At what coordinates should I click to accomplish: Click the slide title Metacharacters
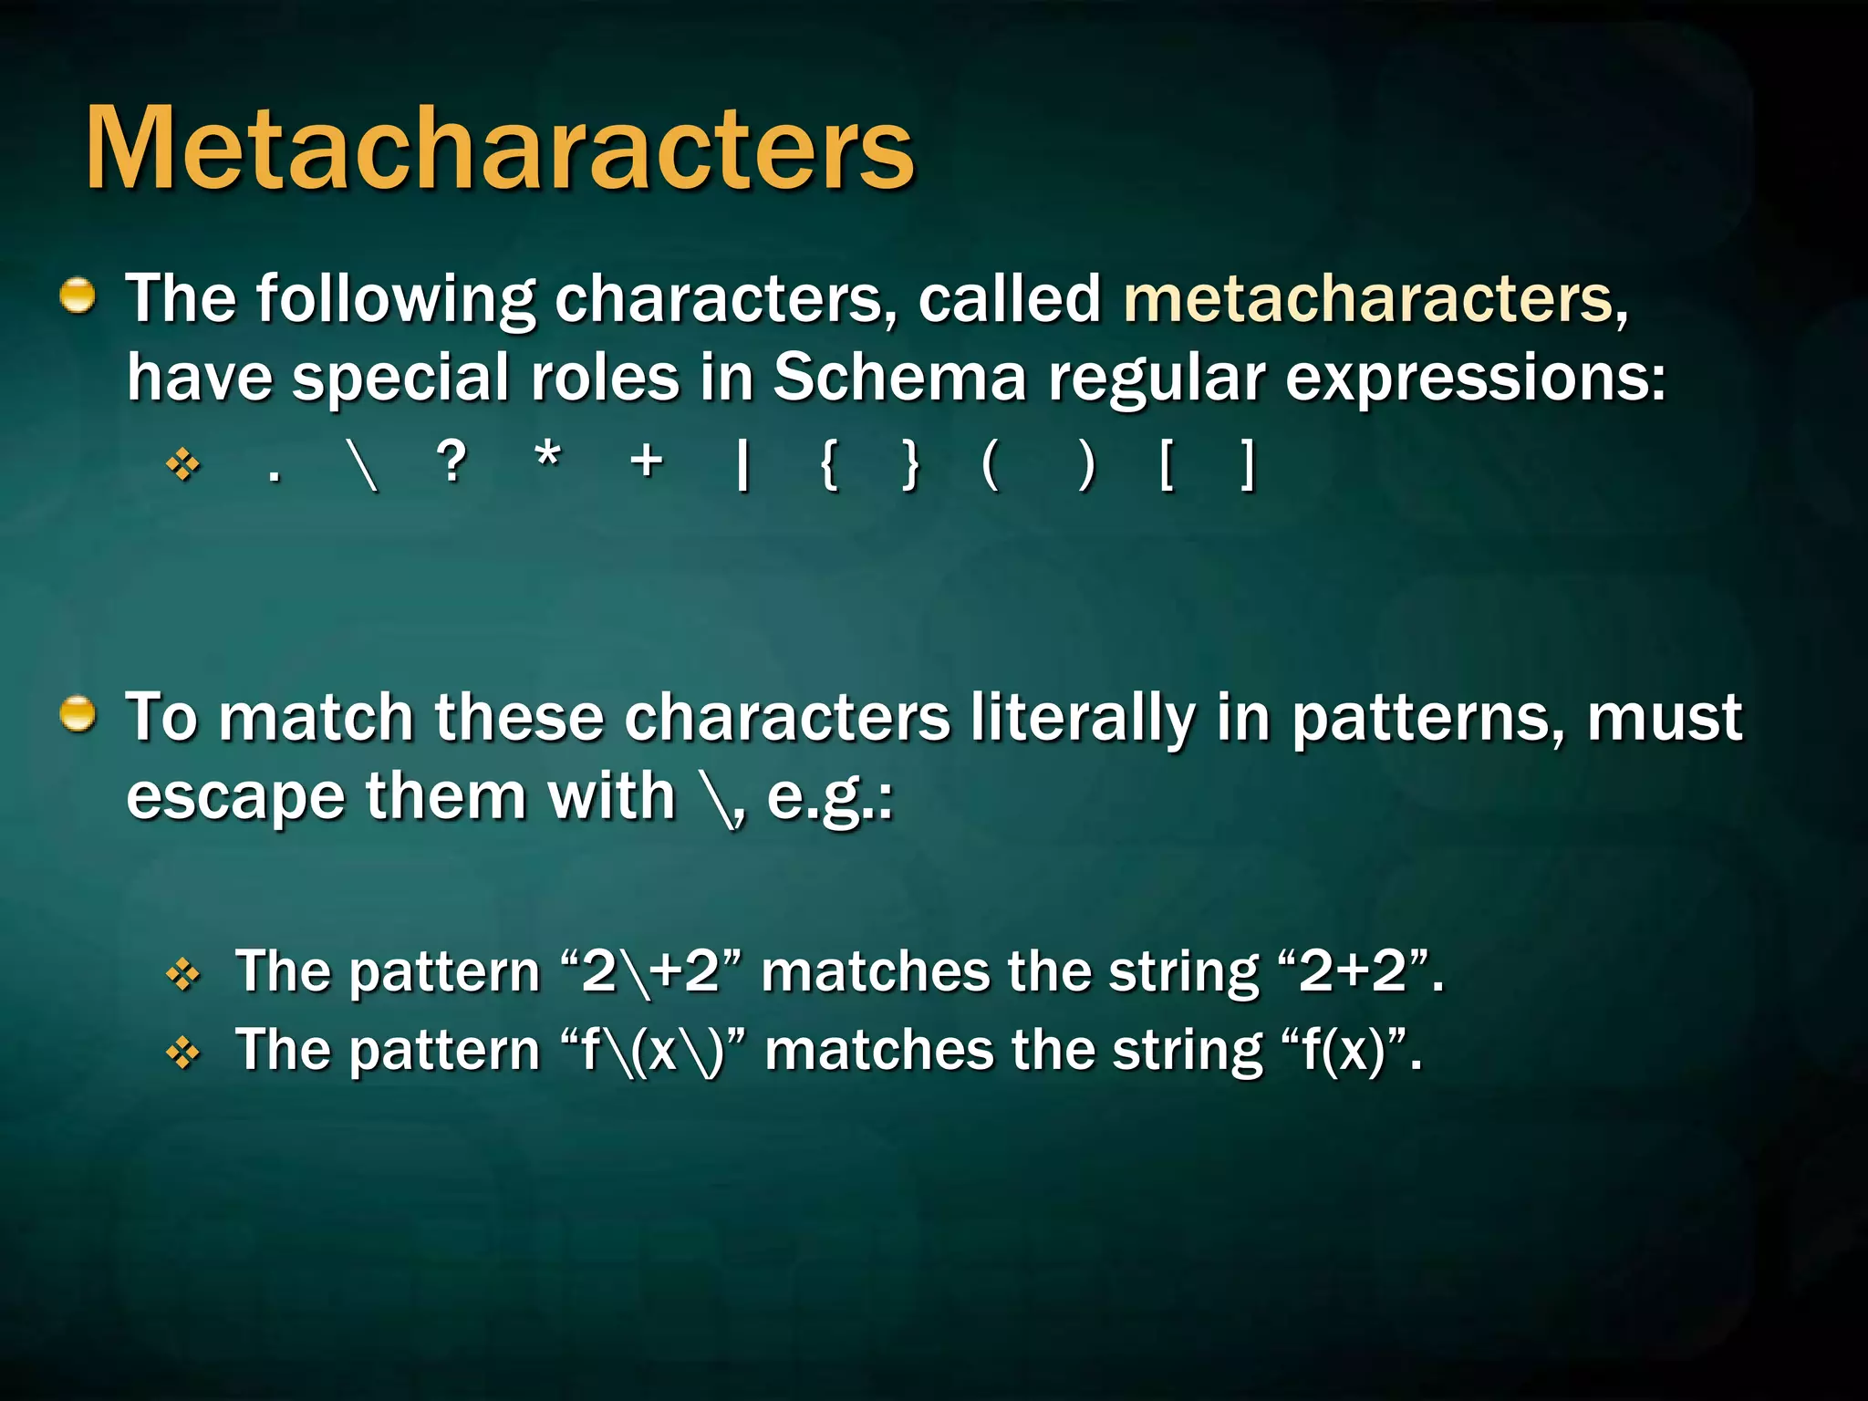coord(499,148)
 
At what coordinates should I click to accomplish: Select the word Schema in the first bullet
coord(899,377)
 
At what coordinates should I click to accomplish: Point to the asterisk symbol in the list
coord(547,455)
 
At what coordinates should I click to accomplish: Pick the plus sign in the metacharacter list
coord(647,461)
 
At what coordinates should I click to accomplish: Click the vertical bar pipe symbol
coord(743,464)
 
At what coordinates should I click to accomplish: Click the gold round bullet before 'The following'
coord(78,296)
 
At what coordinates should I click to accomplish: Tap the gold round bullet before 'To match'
coord(78,715)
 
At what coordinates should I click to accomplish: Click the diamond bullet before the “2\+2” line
coord(183,975)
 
